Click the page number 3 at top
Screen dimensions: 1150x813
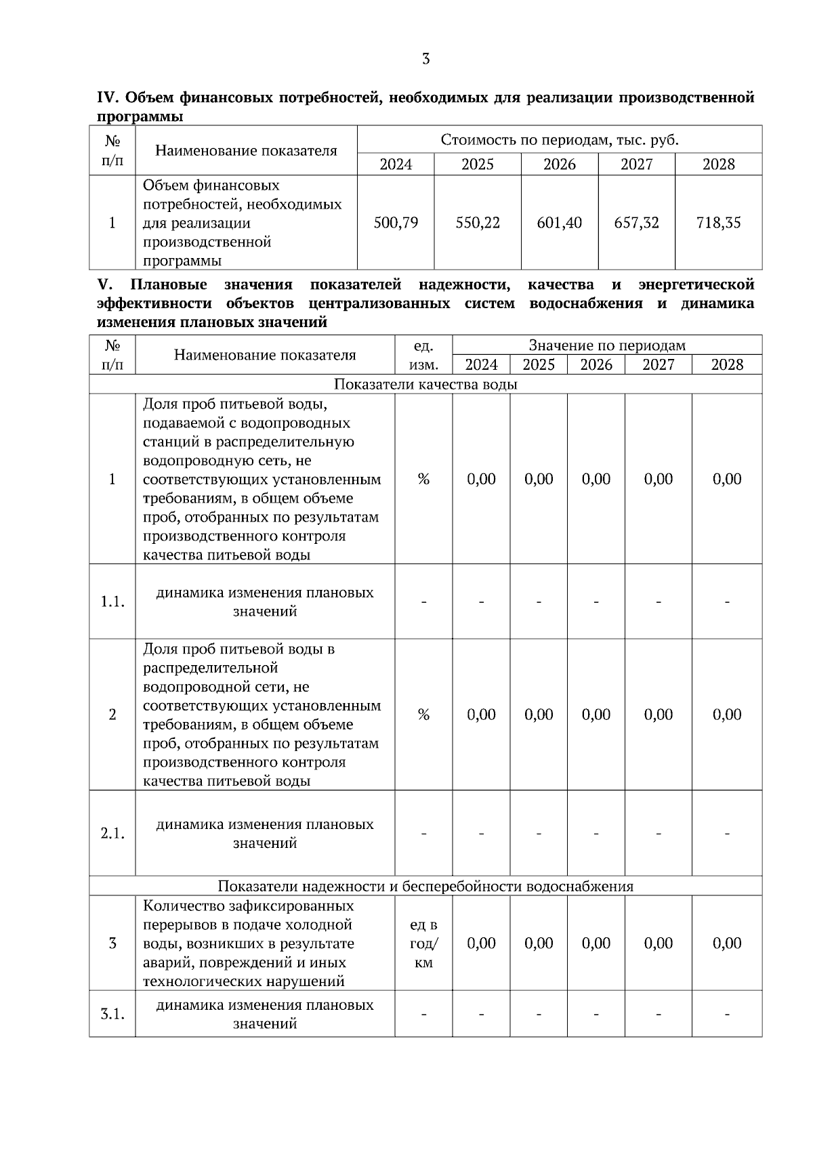[425, 59]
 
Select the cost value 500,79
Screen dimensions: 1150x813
[396, 223]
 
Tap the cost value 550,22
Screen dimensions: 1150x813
[478, 223]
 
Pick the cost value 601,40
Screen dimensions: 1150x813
[560, 223]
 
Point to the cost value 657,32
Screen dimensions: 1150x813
[636, 223]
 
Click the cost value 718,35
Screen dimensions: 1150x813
[718, 223]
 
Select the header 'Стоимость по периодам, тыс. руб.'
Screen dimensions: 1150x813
[560, 140]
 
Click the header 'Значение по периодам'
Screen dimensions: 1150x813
[607, 345]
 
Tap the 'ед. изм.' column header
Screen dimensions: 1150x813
[423, 355]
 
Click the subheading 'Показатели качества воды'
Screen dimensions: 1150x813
[425, 385]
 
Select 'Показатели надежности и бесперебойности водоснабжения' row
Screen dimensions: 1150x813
[425, 886]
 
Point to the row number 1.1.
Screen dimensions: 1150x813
[112, 601]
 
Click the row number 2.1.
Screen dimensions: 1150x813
[112, 834]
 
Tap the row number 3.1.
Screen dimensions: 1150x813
[112, 1014]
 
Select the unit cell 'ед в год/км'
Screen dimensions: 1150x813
[423, 943]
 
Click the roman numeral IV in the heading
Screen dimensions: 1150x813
[108, 98]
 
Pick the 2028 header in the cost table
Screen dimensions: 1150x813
[718, 165]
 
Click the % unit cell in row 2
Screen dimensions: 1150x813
[423, 715]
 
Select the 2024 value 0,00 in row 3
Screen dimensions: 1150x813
[481, 943]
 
